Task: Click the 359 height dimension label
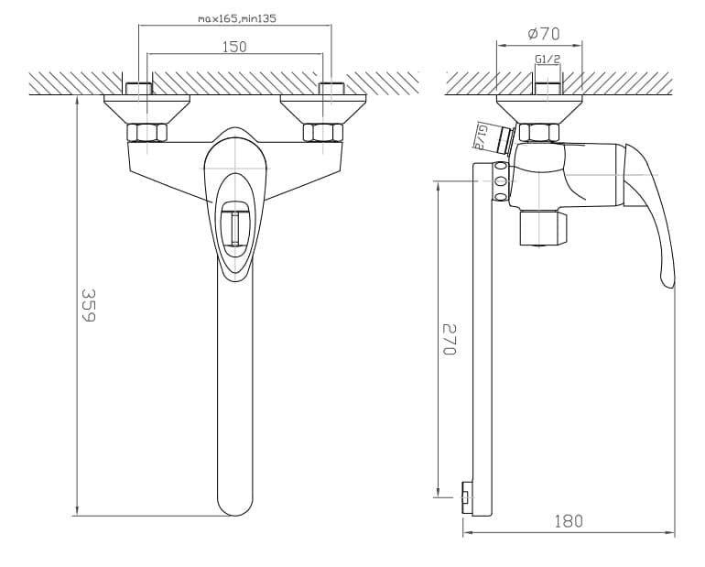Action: point(89,305)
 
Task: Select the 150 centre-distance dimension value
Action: point(234,47)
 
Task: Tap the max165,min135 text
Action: point(237,19)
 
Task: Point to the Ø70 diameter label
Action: point(544,34)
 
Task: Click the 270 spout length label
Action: point(450,339)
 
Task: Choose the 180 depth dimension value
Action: point(569,521)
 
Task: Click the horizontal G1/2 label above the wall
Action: point(548,59)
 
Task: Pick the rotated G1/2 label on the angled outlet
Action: point(481,136)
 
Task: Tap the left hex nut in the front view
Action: point(147,133)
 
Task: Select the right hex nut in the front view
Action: point(323,133)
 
